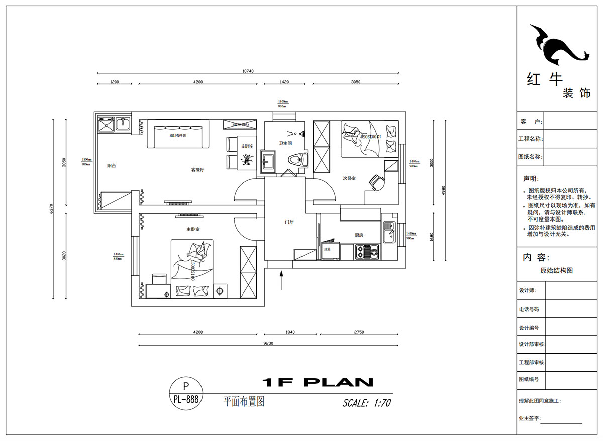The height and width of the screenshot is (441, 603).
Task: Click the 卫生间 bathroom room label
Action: (x=285, y=143)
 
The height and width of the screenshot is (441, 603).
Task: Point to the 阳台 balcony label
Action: (x=112, y=165)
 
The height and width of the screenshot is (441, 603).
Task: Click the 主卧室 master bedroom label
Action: (x=193, y=229)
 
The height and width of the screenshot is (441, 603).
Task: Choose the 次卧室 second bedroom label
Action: (x=349, y=178)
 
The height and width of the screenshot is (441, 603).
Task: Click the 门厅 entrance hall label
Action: (x=289, y=222)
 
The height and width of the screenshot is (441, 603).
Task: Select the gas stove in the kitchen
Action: (x=367, y=251)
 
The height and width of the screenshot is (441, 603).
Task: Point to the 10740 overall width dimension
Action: (x=248, y=71)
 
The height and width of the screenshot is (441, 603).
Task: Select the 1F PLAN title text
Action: (x=318, y=382)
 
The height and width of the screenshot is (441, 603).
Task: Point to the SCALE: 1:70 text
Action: (x=366, y=403)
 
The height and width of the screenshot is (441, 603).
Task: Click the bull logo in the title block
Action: (x=558, y=45)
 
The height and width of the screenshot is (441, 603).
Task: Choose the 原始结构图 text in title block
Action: (x=556, y=270)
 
